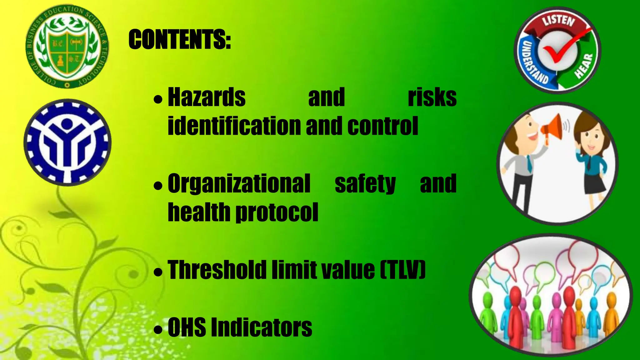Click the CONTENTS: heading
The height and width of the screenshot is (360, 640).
180,40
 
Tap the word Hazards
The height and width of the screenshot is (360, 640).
207,97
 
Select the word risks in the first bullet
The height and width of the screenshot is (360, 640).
432,97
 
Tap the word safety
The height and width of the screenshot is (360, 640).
365,184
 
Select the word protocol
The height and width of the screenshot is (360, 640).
277,212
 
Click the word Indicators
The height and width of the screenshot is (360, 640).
262,327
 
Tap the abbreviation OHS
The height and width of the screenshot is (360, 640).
187,327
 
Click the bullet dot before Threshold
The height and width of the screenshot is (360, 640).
158,272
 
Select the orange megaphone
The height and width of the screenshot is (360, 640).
552,128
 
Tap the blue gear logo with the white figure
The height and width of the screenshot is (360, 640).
67,142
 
